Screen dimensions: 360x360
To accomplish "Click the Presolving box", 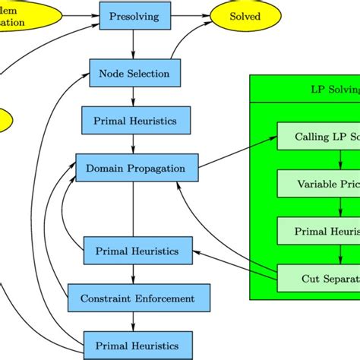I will click(x=133, y=15).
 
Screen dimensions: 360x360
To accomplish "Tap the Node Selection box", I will click(x=134, y=74).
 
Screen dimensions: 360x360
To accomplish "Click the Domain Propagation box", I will click(x=137, y=167).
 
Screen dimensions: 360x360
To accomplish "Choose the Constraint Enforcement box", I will click(x=137, y=298).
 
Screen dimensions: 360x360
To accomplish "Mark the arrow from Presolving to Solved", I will click(x=187, y=15).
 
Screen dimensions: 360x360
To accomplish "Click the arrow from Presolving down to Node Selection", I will click(x=134, y=43).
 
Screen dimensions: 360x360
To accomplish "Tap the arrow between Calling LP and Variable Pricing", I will click(x=341, y=160).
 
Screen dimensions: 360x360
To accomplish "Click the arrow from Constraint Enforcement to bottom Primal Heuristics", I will click(x=134, y=322).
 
